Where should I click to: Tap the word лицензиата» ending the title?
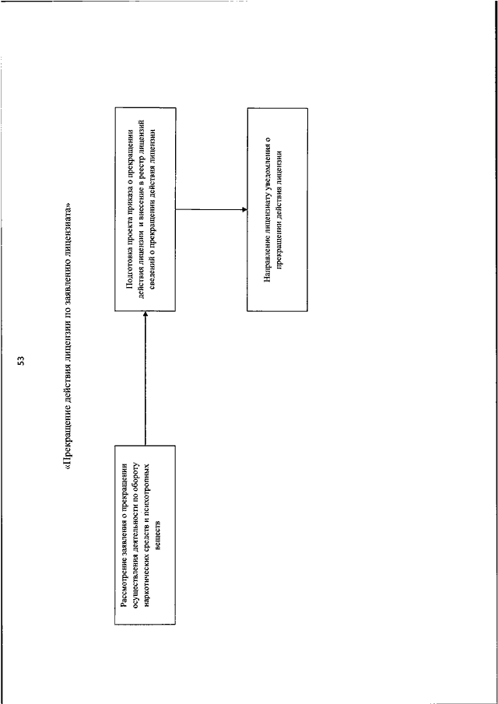point(68,228)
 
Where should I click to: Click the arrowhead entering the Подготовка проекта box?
point(145,313)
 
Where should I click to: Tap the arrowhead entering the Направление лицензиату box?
point(244,209)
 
